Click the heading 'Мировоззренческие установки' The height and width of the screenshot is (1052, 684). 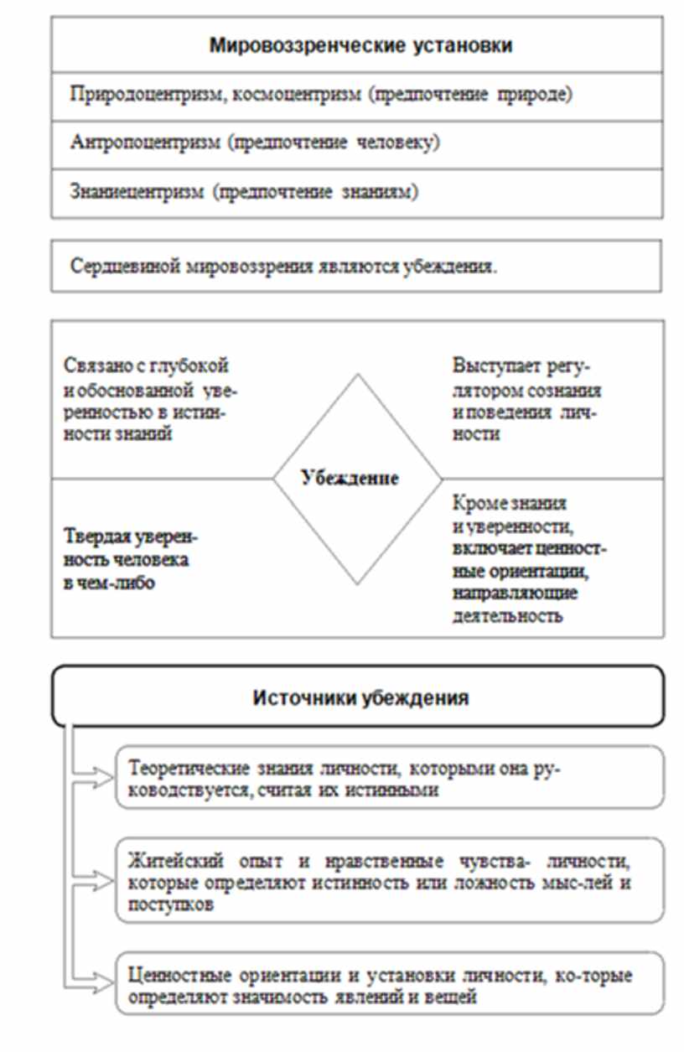coord(360,45)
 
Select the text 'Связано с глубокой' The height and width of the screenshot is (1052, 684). coord(146,366)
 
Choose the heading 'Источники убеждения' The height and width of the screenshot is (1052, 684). coord(360,697)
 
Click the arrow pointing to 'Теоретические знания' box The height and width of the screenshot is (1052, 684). coord(96,777)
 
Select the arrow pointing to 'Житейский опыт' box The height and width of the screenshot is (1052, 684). coord(96,880)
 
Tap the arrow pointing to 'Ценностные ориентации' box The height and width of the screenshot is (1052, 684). coord(96,976)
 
